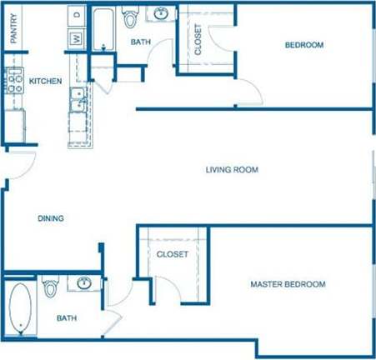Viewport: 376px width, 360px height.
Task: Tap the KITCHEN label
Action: point(45,81)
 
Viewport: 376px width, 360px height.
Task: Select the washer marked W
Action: point(76,37)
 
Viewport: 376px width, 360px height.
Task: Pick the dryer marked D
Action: point(76,15)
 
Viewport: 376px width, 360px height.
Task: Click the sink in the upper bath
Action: point(160,14)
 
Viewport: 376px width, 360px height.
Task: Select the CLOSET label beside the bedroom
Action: point(198,39)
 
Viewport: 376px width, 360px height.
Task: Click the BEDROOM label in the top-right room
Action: point(303,45)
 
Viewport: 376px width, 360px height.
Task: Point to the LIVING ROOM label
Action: point(232,169)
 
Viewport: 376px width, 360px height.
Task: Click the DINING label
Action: point(51,219)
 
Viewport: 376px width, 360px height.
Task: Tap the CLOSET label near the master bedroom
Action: point(172,253)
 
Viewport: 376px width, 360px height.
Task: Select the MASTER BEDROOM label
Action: point(288,285)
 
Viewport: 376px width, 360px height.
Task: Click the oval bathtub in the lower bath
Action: point(18,307)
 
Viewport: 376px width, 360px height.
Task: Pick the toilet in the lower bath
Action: point(50,288)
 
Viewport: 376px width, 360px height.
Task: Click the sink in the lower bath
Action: point(83,283)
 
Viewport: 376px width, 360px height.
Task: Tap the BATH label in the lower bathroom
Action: point(68,317)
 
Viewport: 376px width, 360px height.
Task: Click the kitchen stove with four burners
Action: point(13,80)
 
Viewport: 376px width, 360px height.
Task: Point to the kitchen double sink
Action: point(78,98)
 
